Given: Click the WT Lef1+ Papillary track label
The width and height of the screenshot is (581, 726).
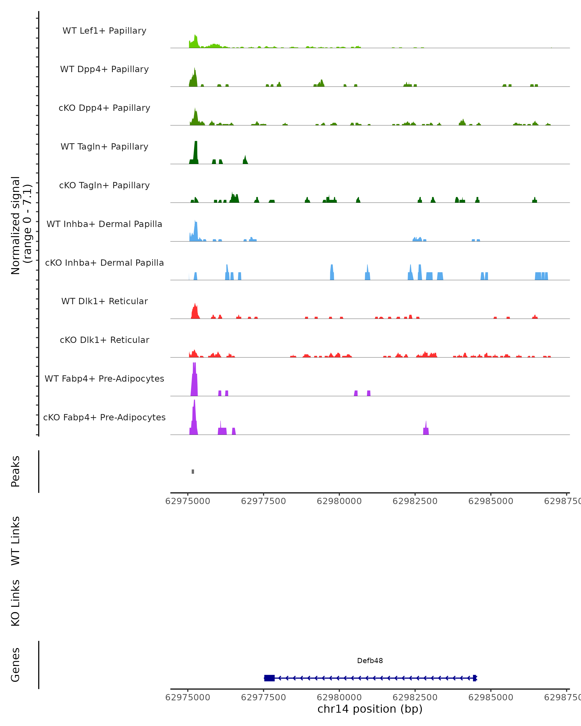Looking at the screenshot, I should [104, 31].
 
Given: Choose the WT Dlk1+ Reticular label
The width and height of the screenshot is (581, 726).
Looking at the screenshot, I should [104, 301].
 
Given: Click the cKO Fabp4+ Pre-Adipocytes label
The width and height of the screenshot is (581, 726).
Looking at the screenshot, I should [104, 417].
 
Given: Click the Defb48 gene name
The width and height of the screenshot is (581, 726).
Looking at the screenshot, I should [370, 661].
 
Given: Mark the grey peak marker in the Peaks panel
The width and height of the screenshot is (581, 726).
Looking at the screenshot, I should [193, 471].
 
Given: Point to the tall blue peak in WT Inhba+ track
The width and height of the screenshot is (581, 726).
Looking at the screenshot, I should [196, 231].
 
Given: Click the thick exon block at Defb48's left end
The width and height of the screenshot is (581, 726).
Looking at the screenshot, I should [269, 678].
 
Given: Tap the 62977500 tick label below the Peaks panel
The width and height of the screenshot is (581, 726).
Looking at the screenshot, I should [263, 501].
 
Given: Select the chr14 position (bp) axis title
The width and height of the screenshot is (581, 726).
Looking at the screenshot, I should [370, 709].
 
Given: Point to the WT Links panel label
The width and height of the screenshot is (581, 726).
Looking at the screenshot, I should [15, 540].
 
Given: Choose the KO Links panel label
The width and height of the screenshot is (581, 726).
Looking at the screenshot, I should [15, 603].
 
